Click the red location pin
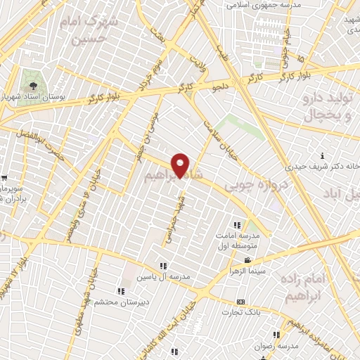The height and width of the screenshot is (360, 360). [181, 165]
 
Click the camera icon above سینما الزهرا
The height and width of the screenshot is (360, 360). [238, 259]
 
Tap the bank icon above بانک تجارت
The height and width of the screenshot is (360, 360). [240, 301]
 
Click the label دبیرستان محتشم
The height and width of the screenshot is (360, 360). [121, 302]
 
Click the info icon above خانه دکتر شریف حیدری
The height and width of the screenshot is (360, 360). [322, 155]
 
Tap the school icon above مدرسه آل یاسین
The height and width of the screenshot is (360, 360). [163, 266]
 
